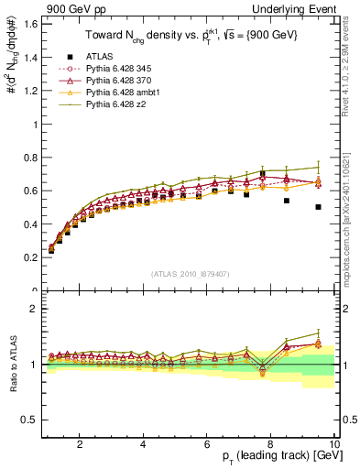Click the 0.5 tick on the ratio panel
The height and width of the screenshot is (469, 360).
point(31,420)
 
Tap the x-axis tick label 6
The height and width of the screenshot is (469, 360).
point(207,444)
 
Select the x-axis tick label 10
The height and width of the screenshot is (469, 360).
point(333,444)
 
